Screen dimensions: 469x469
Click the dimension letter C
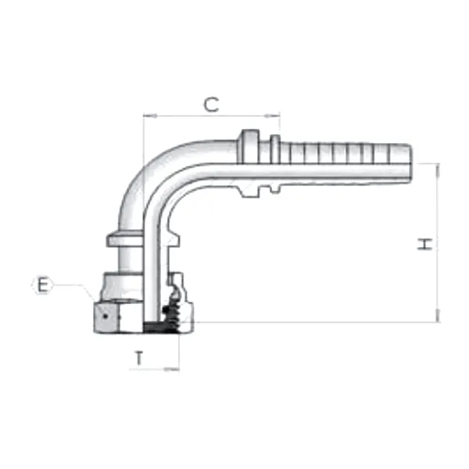click(x=211, y=105)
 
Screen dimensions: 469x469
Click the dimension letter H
click(x=424, y=244)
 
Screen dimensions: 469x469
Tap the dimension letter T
click(x=139, y=358)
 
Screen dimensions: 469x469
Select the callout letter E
click(x=42, y=285)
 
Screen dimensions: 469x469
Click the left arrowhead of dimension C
click(x=150, y=116)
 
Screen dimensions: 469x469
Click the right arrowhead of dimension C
click(x=273, y=116)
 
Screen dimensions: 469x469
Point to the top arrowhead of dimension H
click(x=438, y=170)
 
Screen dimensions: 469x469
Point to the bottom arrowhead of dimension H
click(x=438, y=315)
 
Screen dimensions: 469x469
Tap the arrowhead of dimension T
click(x=172, y=370)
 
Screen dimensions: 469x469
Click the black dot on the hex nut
click(x=105, y=316)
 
